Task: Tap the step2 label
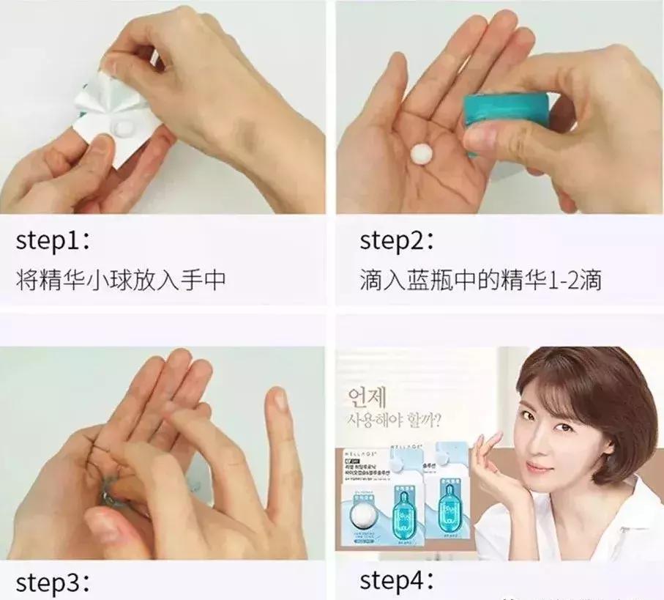pos(396,241)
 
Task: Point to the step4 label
pos(396,582)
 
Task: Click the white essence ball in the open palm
pos(422,153)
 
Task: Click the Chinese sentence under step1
pos(120,280)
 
